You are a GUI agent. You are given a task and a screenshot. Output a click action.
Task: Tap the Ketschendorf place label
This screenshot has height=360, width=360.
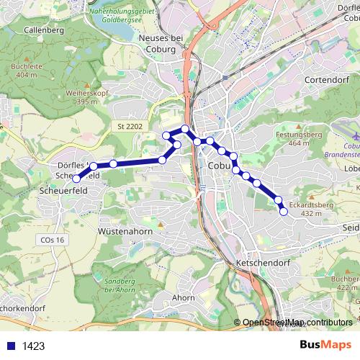[261, 264]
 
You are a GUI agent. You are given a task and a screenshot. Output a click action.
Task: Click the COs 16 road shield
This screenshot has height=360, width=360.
[53, 240]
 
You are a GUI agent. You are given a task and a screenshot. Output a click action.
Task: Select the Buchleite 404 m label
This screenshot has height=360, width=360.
[24, 70]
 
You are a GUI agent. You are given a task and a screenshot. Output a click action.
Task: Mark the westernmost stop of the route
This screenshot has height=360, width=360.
[76, 178]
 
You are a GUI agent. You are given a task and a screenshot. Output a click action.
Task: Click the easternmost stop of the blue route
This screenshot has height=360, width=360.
[283, 210]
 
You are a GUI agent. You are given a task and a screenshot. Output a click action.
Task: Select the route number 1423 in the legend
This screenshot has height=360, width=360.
[33, 346]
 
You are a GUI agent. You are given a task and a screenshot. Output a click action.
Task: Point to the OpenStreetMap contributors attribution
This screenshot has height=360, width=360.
[297, 322]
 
